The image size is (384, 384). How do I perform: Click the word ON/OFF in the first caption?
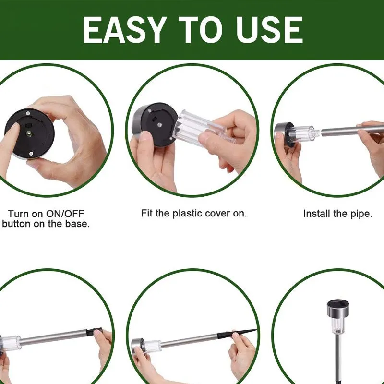click(x=65, y=214)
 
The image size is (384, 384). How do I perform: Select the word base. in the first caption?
click(x=77, y=224)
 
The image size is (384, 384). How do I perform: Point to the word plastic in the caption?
click(x=188, y=213)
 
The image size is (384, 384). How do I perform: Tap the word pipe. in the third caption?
click(x=361, y=214)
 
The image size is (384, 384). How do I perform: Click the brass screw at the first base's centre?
click(x=29, y=133)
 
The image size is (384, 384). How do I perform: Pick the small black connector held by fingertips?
click(x=94, y=331)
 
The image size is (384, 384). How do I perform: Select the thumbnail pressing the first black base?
click(x=13, y=127)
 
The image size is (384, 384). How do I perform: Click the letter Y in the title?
click(x=152, y=30)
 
